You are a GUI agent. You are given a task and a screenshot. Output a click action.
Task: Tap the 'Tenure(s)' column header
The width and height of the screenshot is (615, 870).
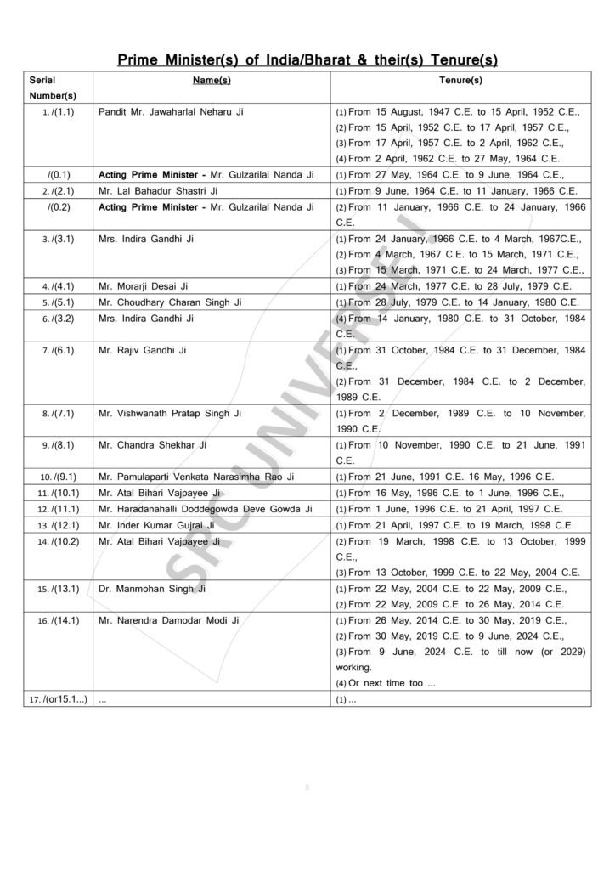460,80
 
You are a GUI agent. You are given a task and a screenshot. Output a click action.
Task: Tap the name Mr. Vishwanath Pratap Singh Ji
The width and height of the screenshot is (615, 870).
171,414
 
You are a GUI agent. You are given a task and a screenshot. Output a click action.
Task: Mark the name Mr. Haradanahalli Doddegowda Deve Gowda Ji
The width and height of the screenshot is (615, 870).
205,509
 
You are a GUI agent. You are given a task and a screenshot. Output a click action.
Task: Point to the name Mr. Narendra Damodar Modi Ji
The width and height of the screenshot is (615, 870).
169,621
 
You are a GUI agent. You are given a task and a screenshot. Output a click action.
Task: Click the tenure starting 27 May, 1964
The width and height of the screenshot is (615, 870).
457,174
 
